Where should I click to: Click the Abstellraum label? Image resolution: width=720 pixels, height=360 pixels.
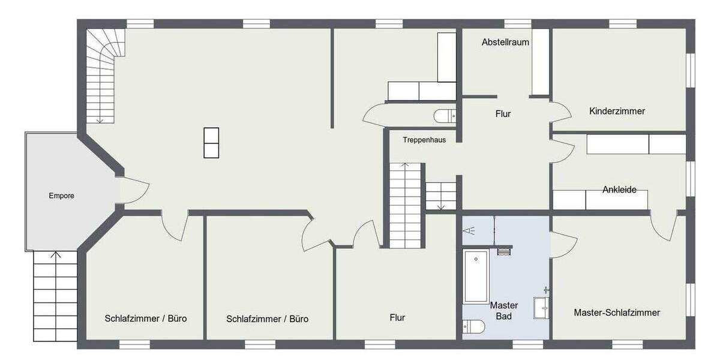point(505,42)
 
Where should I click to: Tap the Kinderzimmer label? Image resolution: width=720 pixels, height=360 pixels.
point(617,111)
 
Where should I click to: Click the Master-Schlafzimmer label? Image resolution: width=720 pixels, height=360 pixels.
point(617,313)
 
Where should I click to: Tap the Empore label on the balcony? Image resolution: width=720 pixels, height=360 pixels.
point(62,196)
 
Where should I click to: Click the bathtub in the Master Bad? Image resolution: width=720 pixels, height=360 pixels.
point(476,277)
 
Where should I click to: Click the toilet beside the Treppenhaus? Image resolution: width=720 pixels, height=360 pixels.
point(445,115)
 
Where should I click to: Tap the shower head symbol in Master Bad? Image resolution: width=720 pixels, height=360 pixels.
point(468,230)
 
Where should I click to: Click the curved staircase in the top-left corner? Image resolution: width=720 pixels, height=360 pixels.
point(102,72)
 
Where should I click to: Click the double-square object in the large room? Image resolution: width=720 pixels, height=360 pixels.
point(211,143)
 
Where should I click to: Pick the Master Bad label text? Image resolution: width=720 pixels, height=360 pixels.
point(504,311)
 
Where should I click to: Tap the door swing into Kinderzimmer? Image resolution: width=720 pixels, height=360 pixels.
point(560,113)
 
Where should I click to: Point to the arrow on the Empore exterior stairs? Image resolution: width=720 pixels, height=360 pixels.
point(55,256)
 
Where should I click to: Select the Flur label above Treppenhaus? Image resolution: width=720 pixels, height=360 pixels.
point(503,113)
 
